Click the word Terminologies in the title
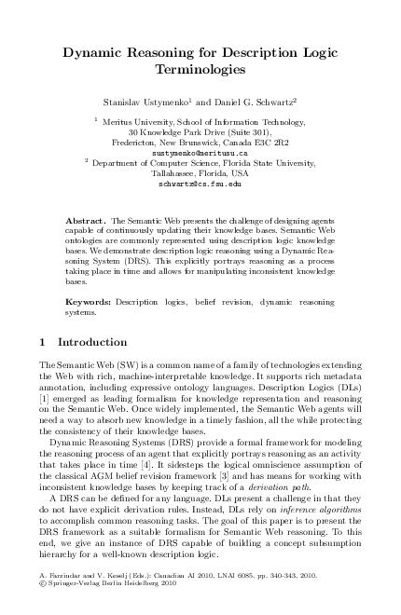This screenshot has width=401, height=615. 200,69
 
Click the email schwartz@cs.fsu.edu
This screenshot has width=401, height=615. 200,184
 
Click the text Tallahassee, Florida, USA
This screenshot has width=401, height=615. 200,173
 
